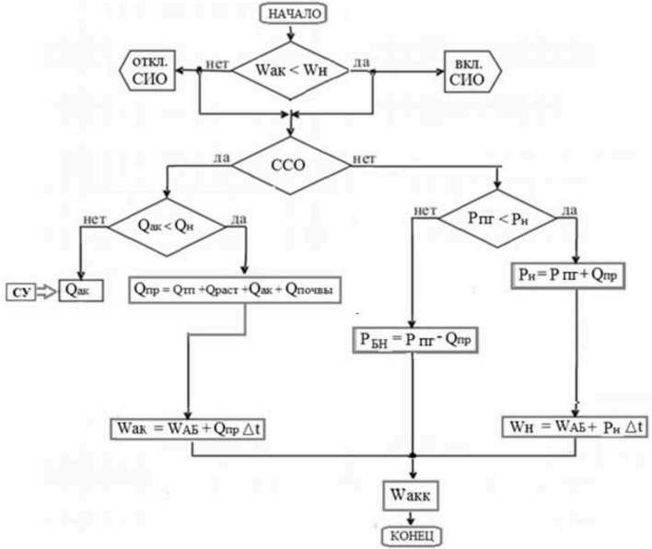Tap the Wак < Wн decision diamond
(290, 69)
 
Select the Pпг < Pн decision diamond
(497, 219)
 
